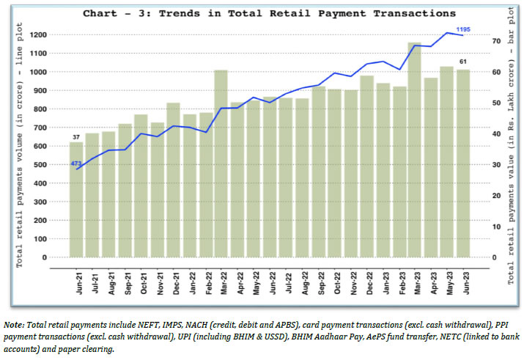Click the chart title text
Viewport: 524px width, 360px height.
coord(268,13)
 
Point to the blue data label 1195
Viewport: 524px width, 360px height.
coord(463,29)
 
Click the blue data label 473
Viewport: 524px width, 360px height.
coord(76,163)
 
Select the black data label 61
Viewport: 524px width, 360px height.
coord(463,62)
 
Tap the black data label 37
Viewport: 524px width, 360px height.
coord(76,137)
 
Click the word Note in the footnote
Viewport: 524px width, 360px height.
coord(12,324)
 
